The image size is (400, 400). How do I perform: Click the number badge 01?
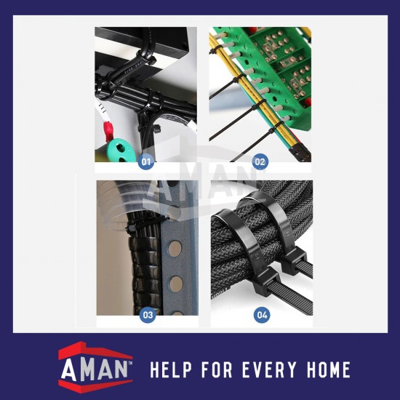(x=147, y=161)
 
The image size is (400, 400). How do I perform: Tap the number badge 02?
(x=260, y=161)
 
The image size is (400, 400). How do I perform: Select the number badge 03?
(x=148, y=315)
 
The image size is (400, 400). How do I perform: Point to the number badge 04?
(x=261, y=315)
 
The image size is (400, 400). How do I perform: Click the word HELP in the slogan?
(x=172, y=370)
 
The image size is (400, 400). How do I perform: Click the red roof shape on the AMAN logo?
(x=95, y=352)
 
